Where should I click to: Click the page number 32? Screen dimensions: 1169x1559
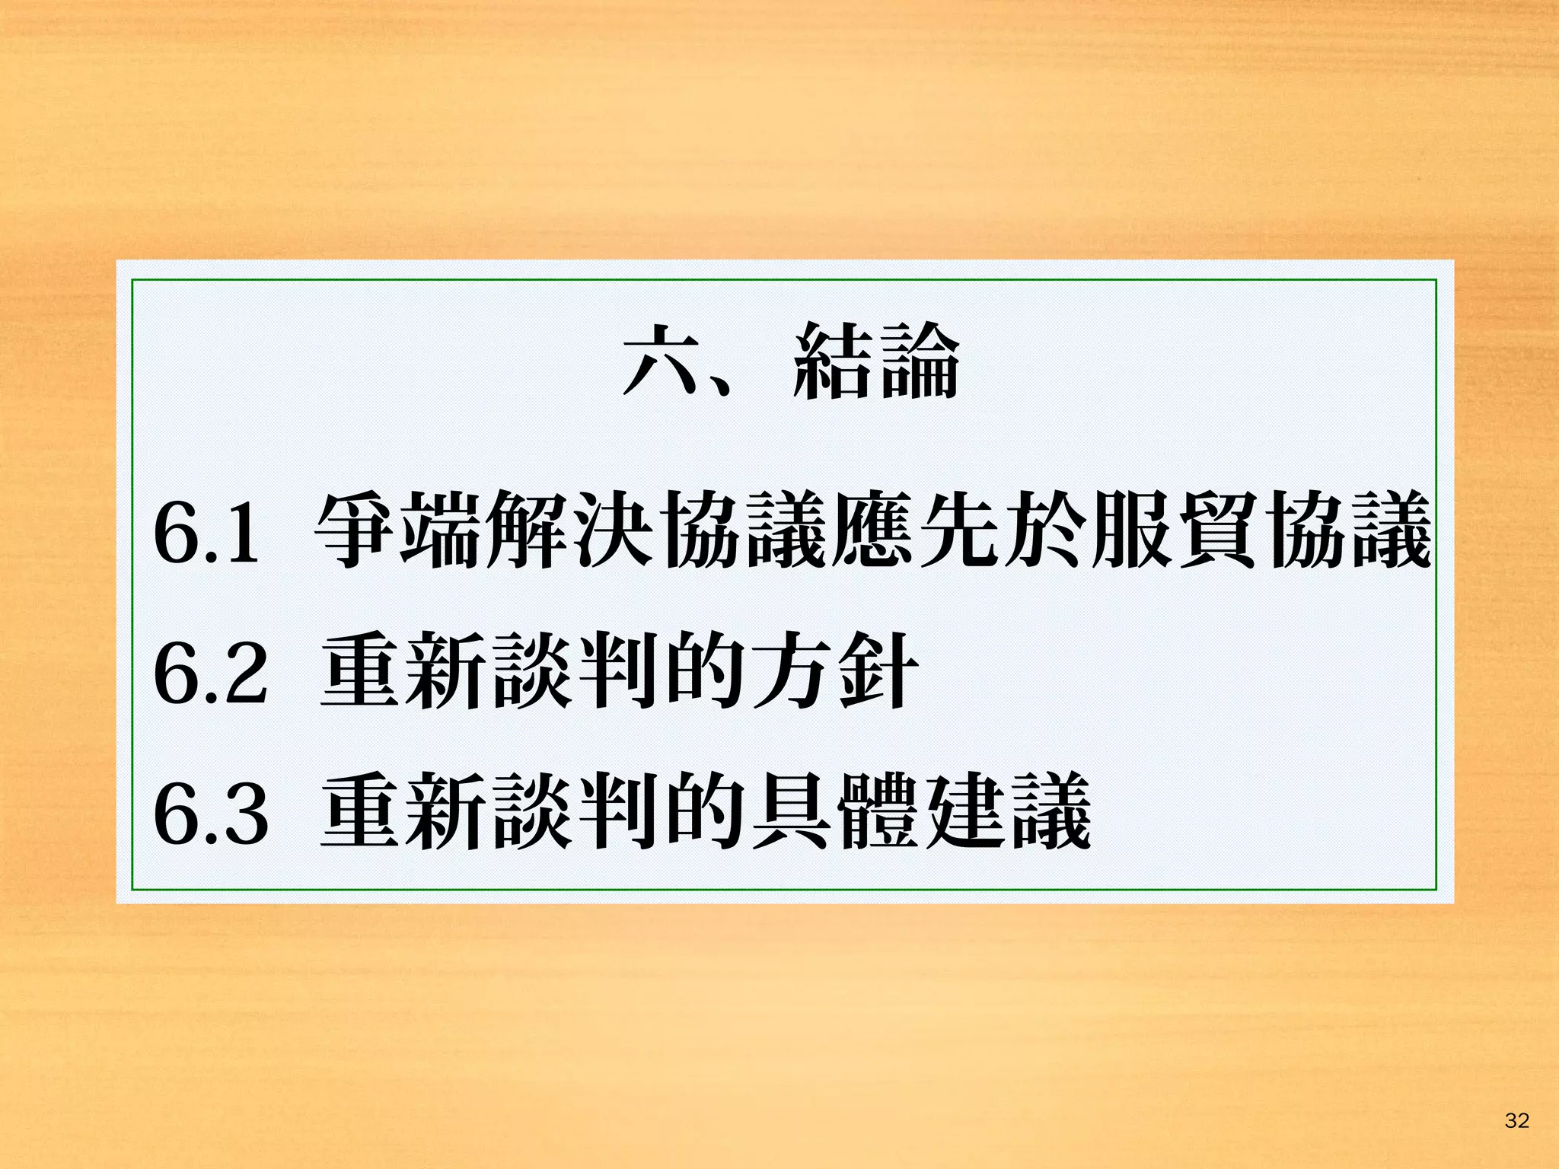[x=1516, y=1120]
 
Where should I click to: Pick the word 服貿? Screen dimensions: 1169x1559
[x=1174, y=530]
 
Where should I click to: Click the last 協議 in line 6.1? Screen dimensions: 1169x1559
[x=1346, y=530]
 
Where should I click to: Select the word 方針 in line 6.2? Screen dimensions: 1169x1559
[x=836, y=671]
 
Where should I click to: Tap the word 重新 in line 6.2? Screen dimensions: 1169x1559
[x=405, y=671]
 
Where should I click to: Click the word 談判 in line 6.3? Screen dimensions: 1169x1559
[x=577, y=812]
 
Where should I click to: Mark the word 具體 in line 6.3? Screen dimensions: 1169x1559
[x=836, y=812]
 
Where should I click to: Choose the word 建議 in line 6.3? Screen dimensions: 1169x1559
[x=1008, y=812]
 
